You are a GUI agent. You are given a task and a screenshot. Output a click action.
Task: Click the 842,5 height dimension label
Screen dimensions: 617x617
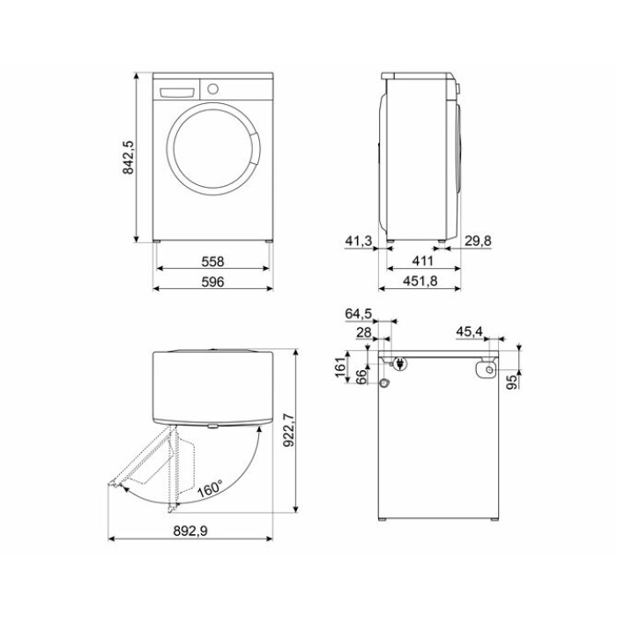(129, 158)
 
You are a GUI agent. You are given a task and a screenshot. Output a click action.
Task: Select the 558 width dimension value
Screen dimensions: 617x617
(212, 261)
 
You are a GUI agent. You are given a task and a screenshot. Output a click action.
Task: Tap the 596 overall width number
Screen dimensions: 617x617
(212, 282)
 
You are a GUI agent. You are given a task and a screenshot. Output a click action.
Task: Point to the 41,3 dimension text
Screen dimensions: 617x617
(359, 241)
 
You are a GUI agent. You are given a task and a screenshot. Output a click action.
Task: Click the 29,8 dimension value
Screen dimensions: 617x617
(478, 241)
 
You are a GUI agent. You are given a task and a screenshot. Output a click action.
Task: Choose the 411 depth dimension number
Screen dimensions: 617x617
(422, 261)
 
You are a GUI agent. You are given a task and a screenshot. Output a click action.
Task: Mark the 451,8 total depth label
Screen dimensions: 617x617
(420, 281)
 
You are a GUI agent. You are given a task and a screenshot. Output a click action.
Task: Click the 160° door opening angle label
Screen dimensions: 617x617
(210, 488)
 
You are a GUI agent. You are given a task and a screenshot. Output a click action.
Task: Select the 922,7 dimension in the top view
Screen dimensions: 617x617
(288, 430)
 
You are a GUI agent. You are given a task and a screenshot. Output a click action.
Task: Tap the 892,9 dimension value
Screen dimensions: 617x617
(190, 532)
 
